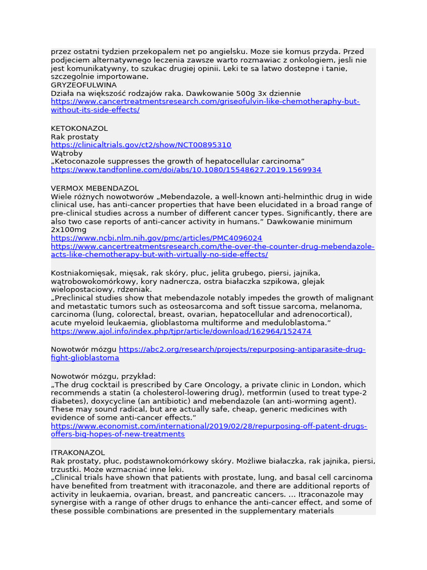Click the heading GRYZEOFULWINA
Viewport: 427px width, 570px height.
83,85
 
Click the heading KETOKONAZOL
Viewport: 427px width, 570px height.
79,129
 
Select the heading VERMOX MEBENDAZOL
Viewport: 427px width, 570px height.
95,188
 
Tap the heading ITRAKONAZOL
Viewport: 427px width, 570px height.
78,453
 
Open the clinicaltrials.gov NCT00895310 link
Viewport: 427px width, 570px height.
141,145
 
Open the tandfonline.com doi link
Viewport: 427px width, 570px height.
186,169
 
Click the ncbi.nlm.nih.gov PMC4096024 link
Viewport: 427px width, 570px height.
156,238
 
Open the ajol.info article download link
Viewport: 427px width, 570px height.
181,331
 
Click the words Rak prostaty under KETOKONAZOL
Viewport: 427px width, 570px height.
75,137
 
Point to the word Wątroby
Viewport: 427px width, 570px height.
67,153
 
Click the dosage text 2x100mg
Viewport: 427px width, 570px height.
68,229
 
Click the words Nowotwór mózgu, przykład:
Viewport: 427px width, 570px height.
103,376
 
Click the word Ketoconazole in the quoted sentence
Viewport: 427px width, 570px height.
82,161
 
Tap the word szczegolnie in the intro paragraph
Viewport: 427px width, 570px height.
72,76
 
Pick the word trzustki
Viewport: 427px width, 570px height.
65,469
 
